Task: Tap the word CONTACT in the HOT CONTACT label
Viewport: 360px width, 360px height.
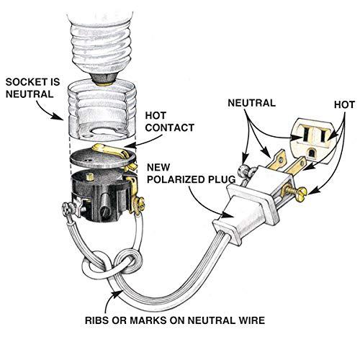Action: (x=169, y=127)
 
